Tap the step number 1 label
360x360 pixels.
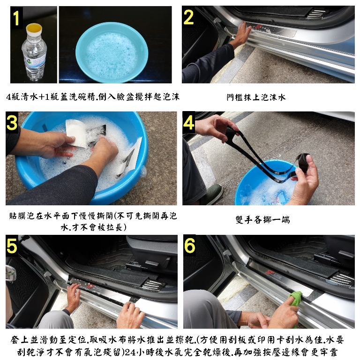point(16,17)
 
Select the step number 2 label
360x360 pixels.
point(188,17)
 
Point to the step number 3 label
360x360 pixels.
point(12,122)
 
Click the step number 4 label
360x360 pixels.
point(189,122)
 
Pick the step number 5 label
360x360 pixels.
point(12,246)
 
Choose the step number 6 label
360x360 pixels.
point(190,245)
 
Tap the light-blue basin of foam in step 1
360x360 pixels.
point(112,52)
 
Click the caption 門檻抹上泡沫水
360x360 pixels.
point(256,97)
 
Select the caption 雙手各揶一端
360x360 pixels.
point(262,220)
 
